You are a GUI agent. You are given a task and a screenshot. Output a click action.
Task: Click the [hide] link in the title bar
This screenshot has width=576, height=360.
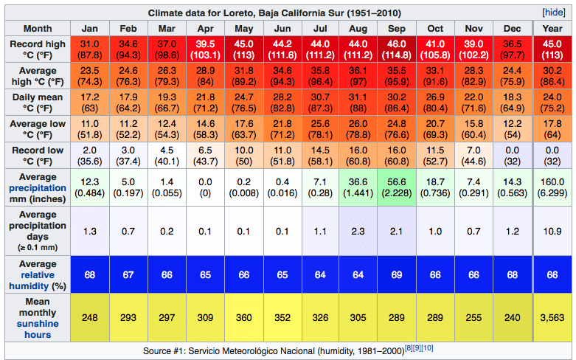tap(553, 13)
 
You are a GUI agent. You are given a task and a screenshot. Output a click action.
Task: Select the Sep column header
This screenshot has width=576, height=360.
tap(397, 29)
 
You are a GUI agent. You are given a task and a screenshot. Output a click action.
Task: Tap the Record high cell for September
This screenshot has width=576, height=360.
tap(397, 50)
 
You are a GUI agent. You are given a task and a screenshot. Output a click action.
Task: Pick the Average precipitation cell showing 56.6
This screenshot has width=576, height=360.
tap(397, 187)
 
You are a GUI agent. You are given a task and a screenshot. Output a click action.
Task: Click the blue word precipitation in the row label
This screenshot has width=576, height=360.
tap(38, 188)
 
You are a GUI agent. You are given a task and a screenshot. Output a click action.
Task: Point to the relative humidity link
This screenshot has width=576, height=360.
tap(38, 275)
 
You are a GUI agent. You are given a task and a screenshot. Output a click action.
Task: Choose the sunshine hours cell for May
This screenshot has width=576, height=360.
tap(243, 318)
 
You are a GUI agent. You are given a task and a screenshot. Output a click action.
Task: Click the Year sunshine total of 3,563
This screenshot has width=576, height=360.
tap(552, 318)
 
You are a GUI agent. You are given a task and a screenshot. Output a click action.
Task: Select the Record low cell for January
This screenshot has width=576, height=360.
tap(89, 156)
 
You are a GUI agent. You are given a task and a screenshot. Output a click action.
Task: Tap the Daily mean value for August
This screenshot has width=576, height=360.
tap(358, 103)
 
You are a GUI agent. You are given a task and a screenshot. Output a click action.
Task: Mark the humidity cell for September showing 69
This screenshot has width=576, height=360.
tap(397, 274)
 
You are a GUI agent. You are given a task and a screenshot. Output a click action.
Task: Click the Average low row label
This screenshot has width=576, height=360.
tap(38, 130)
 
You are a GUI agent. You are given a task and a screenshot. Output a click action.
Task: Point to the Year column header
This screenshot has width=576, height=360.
tap(552, 29)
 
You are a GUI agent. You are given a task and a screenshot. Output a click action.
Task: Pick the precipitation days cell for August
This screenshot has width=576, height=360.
tap(358, 231)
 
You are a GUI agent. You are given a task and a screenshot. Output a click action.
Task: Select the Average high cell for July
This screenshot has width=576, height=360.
tap(320, 77)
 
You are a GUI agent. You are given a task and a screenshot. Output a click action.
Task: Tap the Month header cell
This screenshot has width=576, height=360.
tap(38, 29)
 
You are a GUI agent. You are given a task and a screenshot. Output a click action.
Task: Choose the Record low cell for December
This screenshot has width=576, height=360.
tap(512, 156)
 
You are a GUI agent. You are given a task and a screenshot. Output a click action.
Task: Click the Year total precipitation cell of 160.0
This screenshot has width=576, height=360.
tap(552, 187)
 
